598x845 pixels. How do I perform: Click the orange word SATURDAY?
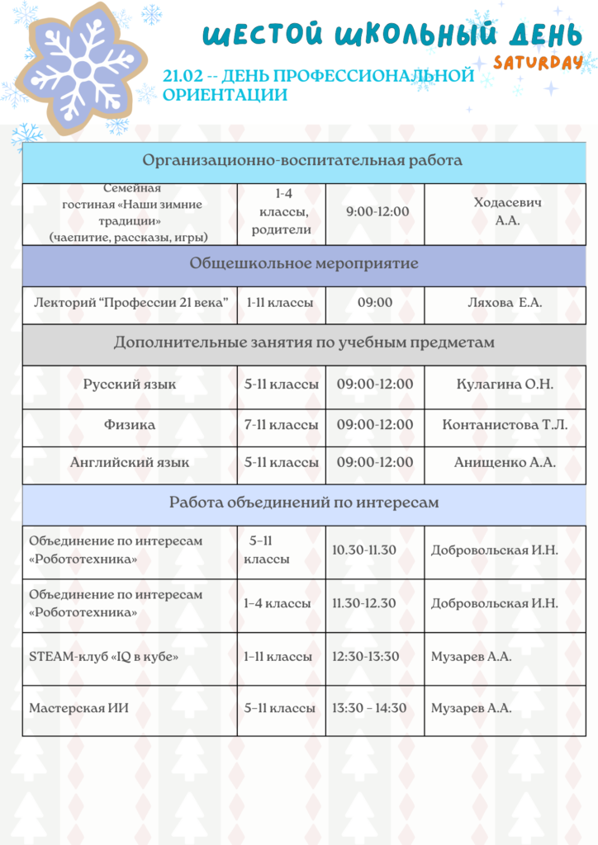[538, 63]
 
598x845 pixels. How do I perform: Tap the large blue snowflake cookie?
[80, 66]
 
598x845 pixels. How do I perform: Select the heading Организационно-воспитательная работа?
[302, 160]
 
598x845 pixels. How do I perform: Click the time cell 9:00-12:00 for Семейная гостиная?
[377, 212]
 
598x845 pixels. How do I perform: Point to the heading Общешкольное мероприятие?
[304, 264]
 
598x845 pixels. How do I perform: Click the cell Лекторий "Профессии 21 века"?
[131, 303]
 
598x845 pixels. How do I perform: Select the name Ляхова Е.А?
[505, 303]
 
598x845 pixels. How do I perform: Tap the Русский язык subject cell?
[130, 385]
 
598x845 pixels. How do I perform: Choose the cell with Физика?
[130, 425]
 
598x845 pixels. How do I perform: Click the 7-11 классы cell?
[281, 425]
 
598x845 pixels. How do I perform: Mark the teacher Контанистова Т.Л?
[505, 425]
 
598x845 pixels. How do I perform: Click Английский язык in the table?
[130, 463]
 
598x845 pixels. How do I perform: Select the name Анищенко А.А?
[505, 463]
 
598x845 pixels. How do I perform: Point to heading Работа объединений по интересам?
[304, 502]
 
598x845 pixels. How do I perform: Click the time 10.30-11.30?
[364, 550]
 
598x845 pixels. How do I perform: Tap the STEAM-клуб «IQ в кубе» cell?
[104, 657]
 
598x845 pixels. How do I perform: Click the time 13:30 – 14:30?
[369, 708]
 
